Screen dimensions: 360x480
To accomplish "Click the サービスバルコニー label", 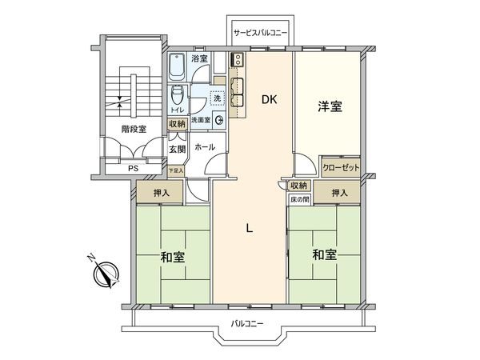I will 262,33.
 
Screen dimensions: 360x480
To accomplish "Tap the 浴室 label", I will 199,58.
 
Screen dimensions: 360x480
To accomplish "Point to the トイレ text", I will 178,109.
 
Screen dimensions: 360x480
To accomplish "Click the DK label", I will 269,99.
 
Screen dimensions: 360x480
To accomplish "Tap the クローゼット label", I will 341,168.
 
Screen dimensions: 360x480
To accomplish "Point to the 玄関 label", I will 177,148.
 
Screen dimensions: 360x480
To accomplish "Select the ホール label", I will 204,148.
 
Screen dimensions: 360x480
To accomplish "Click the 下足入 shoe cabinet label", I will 176,170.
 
